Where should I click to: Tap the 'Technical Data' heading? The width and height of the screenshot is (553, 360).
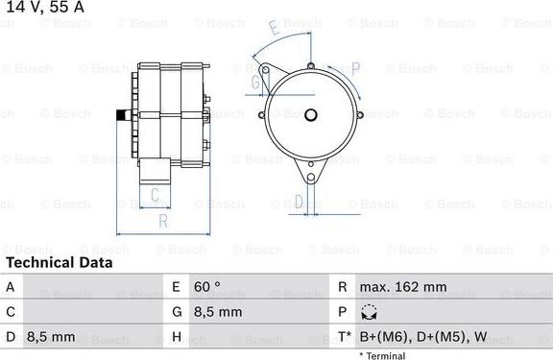pyautogui.click(x=59, y=262)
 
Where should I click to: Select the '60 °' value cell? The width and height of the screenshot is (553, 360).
pyautogui.click(x=207, y=286)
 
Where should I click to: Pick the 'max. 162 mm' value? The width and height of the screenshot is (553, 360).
pyautogui.click(x=402, y=286)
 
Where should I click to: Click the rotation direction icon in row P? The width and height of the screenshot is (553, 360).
pyautogui.click(x=369, y=312)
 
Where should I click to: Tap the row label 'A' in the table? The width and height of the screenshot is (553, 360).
pyautogui.click(x=11, y=286)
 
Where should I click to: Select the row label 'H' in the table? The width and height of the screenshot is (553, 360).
pyautogui.click(x=177, y=337)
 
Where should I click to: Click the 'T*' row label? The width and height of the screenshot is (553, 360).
pyautogui.click(x=344, y=337)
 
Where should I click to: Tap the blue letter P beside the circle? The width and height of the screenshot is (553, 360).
pyautogui.click(x=355, y=67)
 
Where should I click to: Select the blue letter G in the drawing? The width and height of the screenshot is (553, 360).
pyautogui.click(x=255, y=83)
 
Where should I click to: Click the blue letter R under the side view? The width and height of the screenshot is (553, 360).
pyautogui.click(x=163, y=222)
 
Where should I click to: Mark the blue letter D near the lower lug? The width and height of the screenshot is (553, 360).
pyautogui.click(x=299, y=201)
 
